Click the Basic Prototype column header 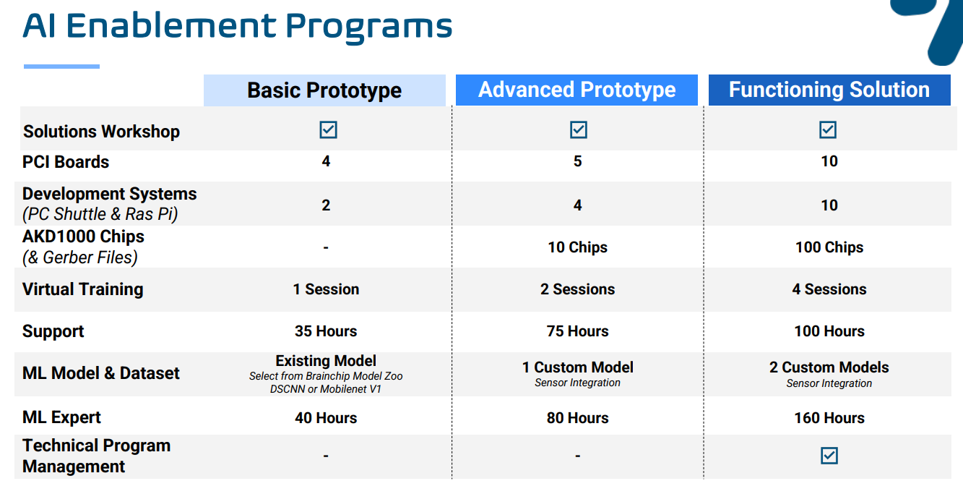tap(324, 90)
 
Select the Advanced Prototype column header tap(576, 90)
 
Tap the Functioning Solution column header tap(829, 90)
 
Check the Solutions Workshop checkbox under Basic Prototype tap(329, 129)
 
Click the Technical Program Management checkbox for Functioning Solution tap(829, 456)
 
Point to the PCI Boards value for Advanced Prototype tap(577, 161)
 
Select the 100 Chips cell tap(829, 247)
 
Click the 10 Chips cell tap(577, 247)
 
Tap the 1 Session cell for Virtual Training tap(326, 289)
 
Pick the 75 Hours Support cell tap(577, 331)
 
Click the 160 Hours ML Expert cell tap(829, 418)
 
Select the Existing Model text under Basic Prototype tap(326, 361)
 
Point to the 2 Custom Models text tap(829, 367)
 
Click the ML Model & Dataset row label tap(100, 373)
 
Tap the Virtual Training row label tap(82, 289)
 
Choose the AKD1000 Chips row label tap(83, 237)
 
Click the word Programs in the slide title tap(369, 27)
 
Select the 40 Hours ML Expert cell tap(326, 418)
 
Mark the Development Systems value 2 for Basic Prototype tap(326, 205)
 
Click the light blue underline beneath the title tap(61, 67)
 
